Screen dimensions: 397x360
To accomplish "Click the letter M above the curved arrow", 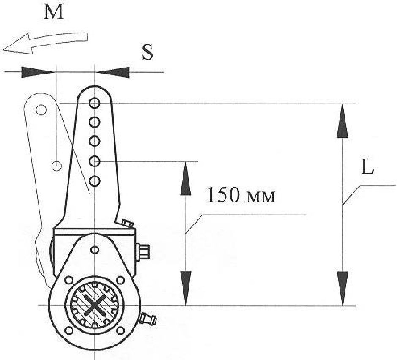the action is pyautogui.click(x=53, y=12).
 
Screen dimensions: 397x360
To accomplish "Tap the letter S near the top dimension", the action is pyautogui.click(x=148, y=52).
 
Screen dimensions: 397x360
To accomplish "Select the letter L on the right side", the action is pyautogui.click(x=367, y=167).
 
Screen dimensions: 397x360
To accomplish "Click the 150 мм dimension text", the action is pyautogui.click(x=241, y=195).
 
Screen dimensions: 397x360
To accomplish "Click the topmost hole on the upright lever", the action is pyautogui.click(x=94, y=103).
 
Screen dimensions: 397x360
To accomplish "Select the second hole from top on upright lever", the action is pyautogui.click(x=94, y=122).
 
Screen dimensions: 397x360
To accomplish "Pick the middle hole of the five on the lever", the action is pyautogui.click(x=94, y=141).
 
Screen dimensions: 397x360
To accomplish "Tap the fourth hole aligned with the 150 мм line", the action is pyautogui.click(x=94, y=161).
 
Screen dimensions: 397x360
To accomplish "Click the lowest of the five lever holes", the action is pyautogui.click(x=94, y=181).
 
